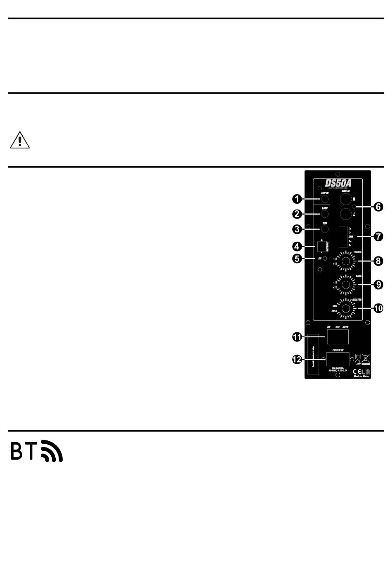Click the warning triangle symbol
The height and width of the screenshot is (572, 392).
tap(20, 140)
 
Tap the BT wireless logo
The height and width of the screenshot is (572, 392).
tap(37, 451)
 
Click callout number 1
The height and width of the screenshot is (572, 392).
tap(297, 199)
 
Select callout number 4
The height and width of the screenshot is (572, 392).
tap(297, 247)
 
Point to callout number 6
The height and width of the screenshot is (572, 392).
tap(378, 207)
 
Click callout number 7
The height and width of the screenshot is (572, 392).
tap(378, 237)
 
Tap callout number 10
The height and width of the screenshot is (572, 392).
tap(378, 308)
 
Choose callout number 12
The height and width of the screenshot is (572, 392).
tap(297, 360)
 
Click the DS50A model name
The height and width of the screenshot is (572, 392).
tap(338, 183)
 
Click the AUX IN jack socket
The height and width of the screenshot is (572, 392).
tap(324, 200)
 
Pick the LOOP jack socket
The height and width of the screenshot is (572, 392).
tap(325, 214)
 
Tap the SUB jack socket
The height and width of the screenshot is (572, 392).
tap(325, 229)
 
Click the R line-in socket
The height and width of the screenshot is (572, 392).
tap(345, 199)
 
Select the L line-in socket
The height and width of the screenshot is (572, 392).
tap(345, 214)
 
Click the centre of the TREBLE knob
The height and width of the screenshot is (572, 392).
tap(345, 260)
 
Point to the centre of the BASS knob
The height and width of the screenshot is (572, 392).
tap(346, 284)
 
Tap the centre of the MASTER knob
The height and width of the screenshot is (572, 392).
tap(346, 308)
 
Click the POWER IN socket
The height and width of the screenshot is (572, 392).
tap(338, 359)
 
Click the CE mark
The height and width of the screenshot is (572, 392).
tap(357, 371)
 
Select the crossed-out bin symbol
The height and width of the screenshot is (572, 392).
tap(366, 358)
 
